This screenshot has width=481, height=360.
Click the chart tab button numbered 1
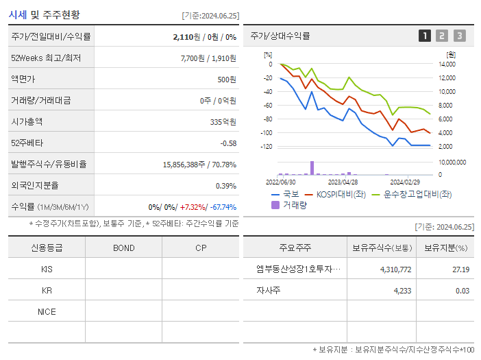pyautogui.click(x=425, y=36)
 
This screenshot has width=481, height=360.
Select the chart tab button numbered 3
pyautogui.click(x=459, y=36)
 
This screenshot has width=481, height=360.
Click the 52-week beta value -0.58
pyautogui.click(x=228, y=143)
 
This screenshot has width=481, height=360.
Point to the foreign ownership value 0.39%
pyautogui.click(x=226, y=185)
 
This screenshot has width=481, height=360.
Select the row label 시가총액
pyautogui.click(x=27, y=121)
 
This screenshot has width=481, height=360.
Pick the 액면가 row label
pyautogui.click(x=23, y=79)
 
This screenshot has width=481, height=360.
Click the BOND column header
pyautogui.click(x=123, y=248)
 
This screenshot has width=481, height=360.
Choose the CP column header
pyautogui.click(x=201, y=248)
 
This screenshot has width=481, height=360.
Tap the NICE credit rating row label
pyautogui.click(x=47, y=311)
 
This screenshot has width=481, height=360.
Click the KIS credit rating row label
pyautogui.click(x=47, y=269)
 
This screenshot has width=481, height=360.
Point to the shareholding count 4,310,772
pyautogui.click(x=395, y=269)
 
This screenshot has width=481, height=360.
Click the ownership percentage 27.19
pyautogui.click(x=461, y=269)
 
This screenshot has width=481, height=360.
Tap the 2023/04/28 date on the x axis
pyautogui.click(x=343, y=182)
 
